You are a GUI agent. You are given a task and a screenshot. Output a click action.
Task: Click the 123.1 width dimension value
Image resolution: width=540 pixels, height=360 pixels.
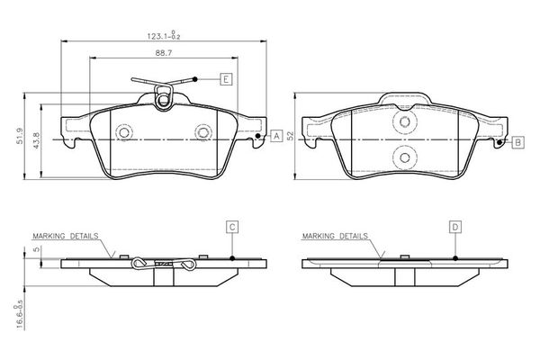tap(163, 35)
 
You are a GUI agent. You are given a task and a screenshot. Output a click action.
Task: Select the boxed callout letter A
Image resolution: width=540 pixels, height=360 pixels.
tap(276, 135)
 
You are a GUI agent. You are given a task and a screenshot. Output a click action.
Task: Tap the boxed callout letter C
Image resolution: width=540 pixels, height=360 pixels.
tap(231, 227)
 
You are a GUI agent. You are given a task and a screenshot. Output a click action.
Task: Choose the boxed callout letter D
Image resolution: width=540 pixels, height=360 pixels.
tap(455, 227)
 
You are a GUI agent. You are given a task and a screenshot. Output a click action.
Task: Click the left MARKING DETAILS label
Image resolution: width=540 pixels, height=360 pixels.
tap(65, 236)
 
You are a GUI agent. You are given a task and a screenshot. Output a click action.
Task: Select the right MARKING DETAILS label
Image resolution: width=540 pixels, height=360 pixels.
tap(336, 236)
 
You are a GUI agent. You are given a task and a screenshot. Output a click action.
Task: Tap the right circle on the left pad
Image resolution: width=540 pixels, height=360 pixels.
tap(202, 132)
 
